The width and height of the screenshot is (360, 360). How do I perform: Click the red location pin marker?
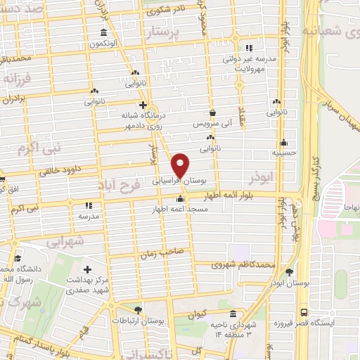click(181, 165)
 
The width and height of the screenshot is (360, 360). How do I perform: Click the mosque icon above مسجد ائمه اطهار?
click(181, 199)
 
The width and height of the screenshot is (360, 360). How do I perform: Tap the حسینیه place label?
click(285, 152)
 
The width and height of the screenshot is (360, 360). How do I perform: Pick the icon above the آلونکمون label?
click(104, 34)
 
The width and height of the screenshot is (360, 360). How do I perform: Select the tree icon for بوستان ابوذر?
click(289, 272)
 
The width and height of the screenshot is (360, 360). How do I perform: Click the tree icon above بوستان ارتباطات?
click(138, 309)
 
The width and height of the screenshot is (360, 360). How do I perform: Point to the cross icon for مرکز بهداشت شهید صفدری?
click(87, 269)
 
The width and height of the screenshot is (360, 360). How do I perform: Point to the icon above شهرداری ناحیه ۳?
click(233, 314)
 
